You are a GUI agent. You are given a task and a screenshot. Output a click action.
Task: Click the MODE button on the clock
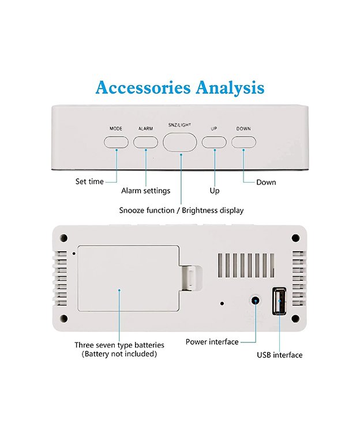pos(116,142)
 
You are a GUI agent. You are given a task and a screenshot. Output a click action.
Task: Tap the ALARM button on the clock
pos(145,142)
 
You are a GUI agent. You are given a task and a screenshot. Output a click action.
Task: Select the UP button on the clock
pos(214,142)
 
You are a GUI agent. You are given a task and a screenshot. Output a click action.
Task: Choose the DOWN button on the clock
pos(243,142)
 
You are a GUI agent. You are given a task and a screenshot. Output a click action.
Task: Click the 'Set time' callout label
pos(89,182)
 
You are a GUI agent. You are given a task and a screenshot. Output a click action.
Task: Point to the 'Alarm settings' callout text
pos(145,191)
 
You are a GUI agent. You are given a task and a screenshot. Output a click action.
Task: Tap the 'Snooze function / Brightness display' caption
pos(181,210)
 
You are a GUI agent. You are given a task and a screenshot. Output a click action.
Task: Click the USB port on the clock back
pos(279,301)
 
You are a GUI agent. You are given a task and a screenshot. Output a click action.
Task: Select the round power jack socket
pos(255,301)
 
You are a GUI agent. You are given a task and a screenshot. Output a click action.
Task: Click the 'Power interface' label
pos(212,342)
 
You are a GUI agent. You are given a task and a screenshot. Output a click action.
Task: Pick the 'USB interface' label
pos(280,355)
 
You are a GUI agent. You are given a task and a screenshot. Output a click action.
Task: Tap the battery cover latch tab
pos(190,278)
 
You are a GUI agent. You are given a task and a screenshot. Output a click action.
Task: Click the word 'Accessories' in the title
pos(143,88)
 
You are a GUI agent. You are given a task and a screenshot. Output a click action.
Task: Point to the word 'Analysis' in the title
pos(230,88)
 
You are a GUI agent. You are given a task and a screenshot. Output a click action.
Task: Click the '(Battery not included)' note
pos(119,354)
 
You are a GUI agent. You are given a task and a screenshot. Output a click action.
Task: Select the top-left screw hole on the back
pos(64,238)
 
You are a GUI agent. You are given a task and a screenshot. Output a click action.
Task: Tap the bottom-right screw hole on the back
pos(295,318)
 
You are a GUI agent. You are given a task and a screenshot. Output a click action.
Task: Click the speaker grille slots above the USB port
pos(246,266)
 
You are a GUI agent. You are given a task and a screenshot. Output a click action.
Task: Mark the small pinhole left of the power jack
pos(222,303)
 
